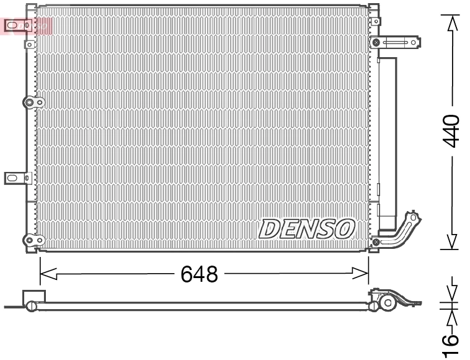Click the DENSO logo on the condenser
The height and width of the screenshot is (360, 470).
306,228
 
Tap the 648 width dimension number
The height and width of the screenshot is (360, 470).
199,274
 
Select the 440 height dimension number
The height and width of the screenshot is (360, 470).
452,130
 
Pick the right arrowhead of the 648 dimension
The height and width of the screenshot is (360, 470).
361,273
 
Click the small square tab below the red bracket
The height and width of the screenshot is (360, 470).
29,44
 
